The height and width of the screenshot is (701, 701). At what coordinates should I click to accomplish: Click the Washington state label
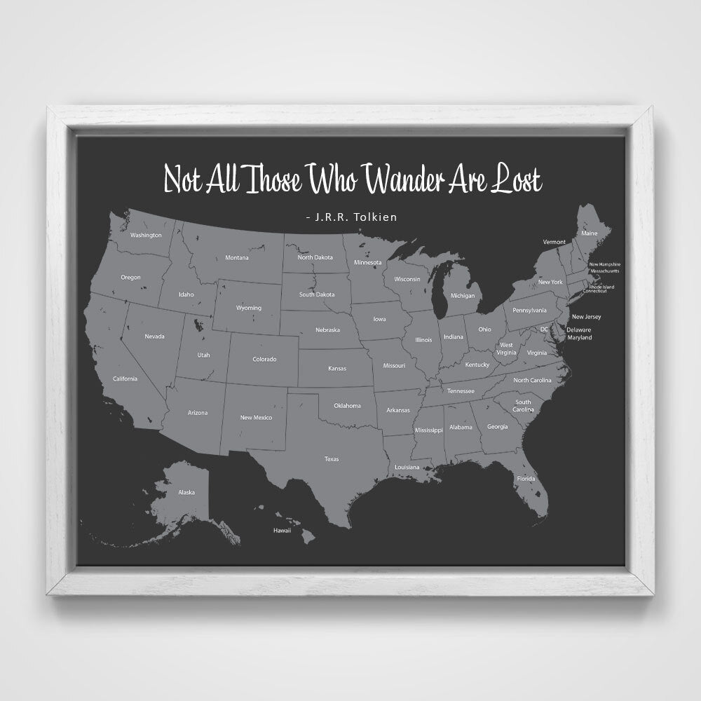[147, 235]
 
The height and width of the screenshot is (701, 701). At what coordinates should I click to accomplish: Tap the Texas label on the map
[332, 459]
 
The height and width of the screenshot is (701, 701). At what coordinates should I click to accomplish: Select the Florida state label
[526, 479]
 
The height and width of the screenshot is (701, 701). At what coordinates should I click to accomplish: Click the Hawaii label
[282, 531]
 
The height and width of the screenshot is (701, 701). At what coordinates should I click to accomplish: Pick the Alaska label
[186, 492]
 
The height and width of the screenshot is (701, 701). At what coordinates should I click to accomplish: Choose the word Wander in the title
[402, 179]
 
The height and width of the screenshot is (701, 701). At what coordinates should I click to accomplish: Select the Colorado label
[264, 360]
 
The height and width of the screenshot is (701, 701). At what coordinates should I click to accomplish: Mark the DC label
[544, 329]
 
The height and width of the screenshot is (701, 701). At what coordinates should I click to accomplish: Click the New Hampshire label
[604, 264]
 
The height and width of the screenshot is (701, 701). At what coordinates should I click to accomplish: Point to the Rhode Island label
[601, 286]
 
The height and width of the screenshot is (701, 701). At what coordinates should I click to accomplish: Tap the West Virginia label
[506, 349]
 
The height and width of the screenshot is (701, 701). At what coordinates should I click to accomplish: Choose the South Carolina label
[523, 406]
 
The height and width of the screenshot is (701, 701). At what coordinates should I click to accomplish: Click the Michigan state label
[462, 296]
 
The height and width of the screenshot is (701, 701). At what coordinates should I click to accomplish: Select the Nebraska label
[327, 330]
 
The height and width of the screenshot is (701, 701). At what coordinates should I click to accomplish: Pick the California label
[125, 379]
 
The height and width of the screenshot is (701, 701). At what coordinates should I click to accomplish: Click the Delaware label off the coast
[579, 329]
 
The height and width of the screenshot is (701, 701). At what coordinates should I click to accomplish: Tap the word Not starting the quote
[180, 179]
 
